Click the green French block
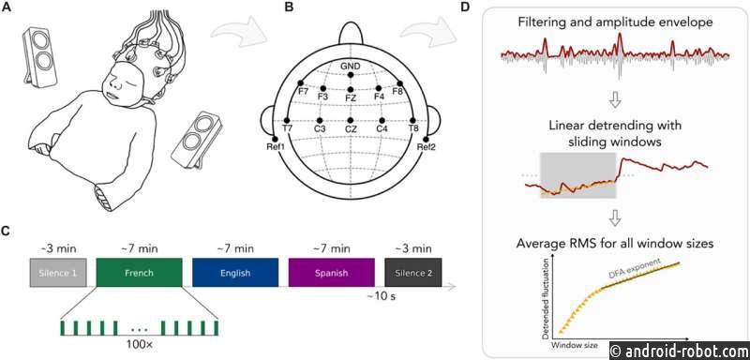tap(139, 273)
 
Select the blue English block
tap(235, 273)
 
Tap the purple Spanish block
tap(332, 273)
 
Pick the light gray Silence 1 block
tap(58, 273)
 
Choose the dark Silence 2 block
tap(413, 273)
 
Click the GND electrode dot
tap(351, 75)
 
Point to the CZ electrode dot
tap(351, 120)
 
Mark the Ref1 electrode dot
tap(275, 139)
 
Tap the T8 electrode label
tap(412, 128)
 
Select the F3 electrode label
tap(322, 97)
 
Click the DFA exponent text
tap(636, 268)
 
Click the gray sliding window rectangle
tap(578, 175)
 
